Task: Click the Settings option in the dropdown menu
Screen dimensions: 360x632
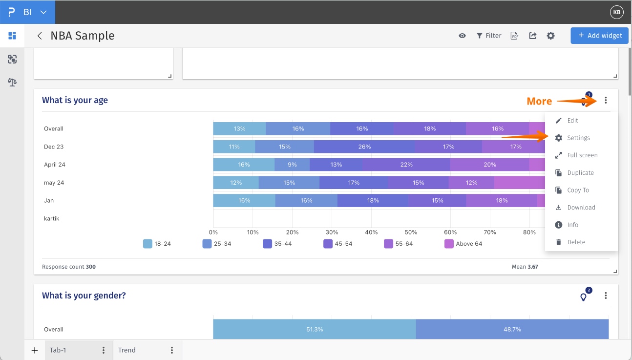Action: coord(578,138)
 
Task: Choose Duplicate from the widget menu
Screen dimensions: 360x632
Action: coord(580,173)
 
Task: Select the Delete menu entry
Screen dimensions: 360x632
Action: coord(576,242)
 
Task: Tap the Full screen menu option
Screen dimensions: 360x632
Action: coord(582,155)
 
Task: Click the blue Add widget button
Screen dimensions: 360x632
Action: coord(599,36)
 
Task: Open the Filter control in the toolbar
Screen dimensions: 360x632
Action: coord(489,36)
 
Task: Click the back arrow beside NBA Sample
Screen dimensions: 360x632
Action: coord(40,36)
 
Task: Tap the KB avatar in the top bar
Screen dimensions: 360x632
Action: coord(617,12)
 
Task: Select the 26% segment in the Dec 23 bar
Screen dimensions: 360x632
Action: coord(364,147)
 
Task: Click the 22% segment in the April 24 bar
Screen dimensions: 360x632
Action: coord(406,165)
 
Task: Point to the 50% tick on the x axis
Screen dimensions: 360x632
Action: coord(411,233)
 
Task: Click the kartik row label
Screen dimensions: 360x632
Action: coord(52,218)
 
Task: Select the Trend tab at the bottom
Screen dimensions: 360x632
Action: coord(127,350)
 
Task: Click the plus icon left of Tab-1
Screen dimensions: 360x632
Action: coord(35,350)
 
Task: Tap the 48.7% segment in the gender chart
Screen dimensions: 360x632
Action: coord(512,329)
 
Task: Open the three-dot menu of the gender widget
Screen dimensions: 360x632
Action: coord(606,296)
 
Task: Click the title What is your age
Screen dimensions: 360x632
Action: coord(75,100)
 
